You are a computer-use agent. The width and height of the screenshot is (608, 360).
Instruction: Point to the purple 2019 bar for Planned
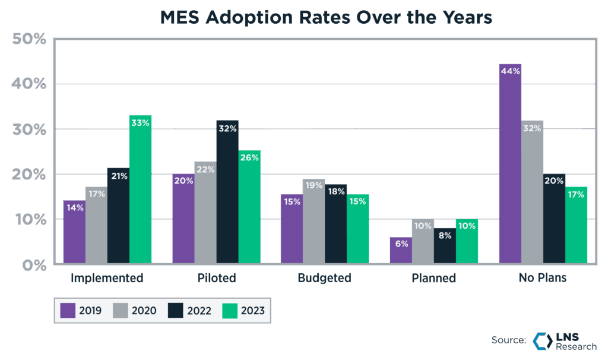(x=400, y=250)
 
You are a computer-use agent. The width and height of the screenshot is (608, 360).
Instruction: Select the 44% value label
(x=510, y=71)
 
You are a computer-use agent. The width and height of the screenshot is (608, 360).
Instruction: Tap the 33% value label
(x=140, y=122)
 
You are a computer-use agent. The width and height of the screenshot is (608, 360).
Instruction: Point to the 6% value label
(x=400, y=243)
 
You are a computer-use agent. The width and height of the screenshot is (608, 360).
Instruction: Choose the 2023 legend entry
(x=243, y=310)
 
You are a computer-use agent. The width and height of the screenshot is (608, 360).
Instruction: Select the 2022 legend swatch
(x=176, y=310)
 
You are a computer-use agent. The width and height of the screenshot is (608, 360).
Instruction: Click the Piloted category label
(x=216, y=278)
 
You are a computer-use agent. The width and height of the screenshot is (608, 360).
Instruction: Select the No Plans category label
(x=542, y=278)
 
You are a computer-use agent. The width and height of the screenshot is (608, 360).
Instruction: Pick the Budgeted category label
(x=324, y=278)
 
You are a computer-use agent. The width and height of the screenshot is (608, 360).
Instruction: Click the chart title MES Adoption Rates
(x=326, y=18)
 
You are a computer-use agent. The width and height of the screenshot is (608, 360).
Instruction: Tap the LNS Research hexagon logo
(x=543, y=340)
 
